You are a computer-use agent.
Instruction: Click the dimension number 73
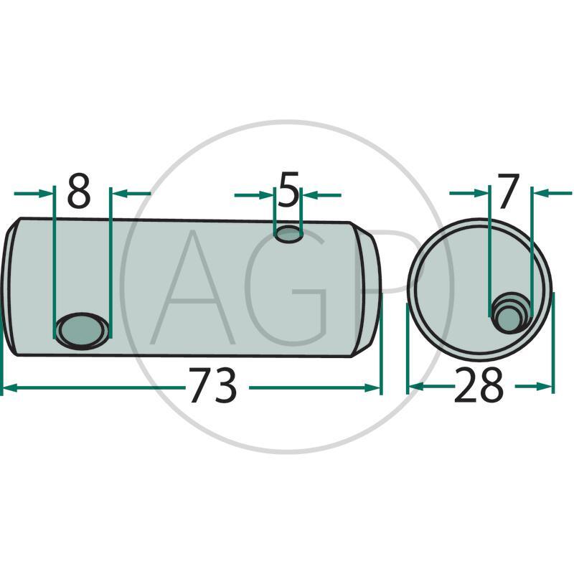point(212,386)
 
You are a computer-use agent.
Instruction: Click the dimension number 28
point(479,386)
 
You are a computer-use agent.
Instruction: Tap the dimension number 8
point(79,192)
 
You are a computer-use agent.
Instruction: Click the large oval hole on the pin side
point(82,331)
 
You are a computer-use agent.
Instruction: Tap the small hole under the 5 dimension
point(289,234)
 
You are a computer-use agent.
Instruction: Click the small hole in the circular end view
point(510,314)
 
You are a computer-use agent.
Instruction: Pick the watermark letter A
point(192,288)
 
